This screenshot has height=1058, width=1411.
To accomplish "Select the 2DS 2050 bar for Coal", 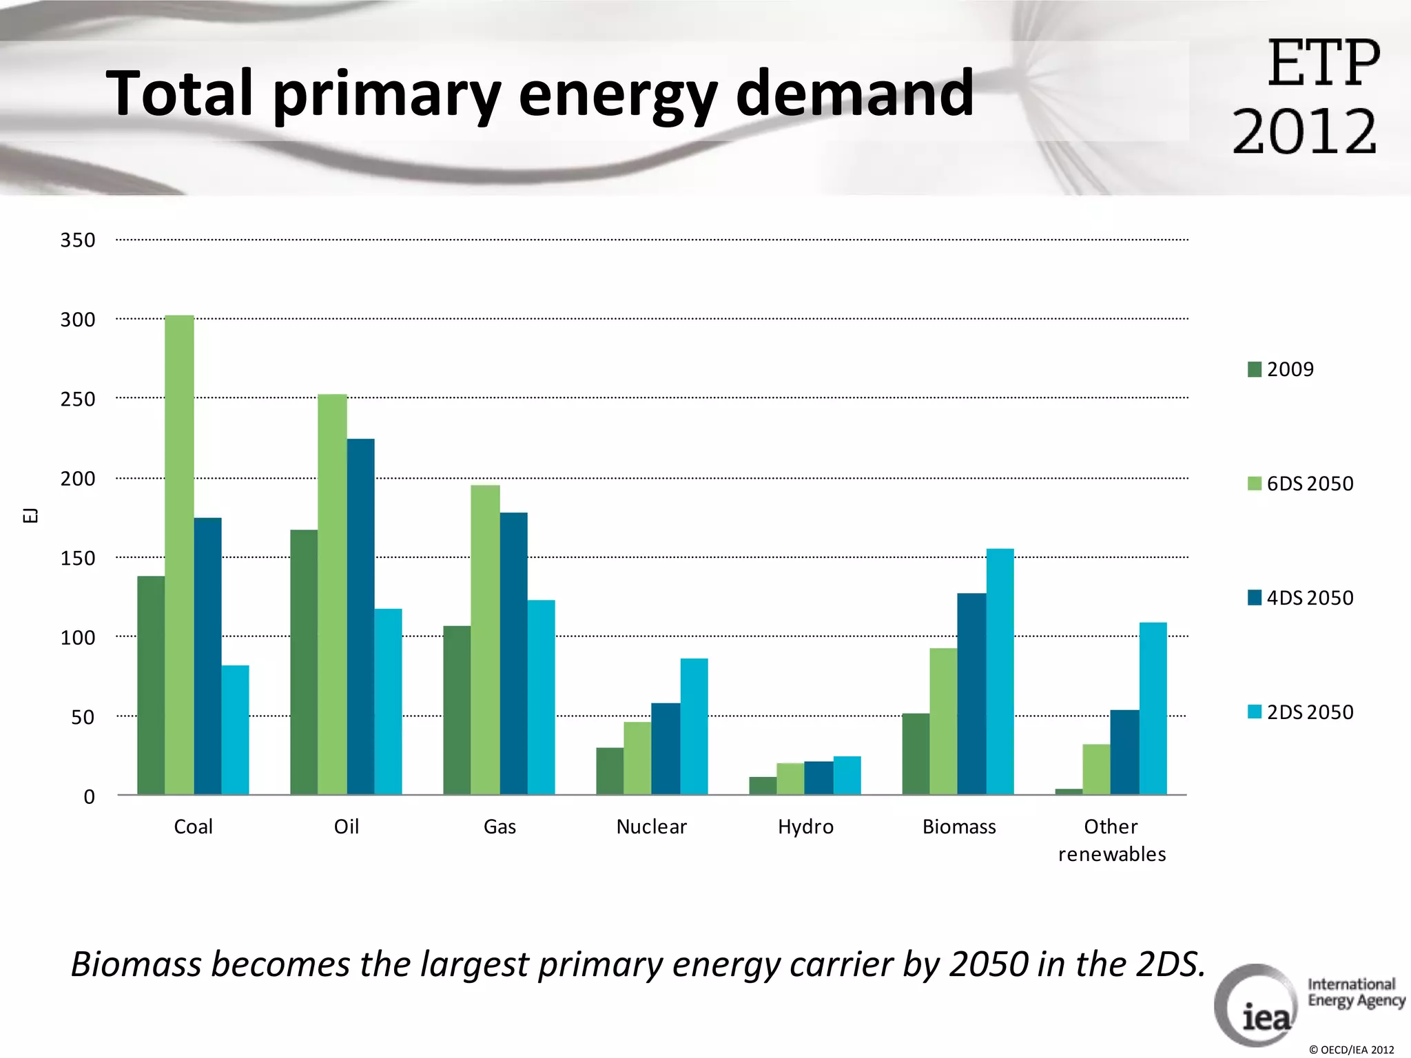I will (235, 730).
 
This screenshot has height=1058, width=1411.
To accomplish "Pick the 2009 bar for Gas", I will (457, 710).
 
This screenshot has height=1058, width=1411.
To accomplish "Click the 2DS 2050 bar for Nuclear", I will (694, 727).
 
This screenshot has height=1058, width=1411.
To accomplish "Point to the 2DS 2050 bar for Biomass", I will (1000, 672).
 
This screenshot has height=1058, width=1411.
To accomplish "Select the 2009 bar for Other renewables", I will (1069, 791).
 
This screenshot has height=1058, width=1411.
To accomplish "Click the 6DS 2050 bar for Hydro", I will (790, 779).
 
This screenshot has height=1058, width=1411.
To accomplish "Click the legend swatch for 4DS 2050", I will (1254, 597).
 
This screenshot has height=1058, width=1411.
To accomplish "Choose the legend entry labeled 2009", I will (1290, 369).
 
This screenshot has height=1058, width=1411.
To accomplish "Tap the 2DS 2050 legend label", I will (1310, 712).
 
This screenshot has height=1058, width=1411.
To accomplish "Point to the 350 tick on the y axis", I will (78, 240).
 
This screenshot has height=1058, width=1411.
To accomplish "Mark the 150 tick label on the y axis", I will (78, 558).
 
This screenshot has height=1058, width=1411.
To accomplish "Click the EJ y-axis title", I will (30, 515).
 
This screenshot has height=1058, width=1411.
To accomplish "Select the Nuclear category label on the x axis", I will (651, 827).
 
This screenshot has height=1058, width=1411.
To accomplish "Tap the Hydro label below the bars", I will (805, 827).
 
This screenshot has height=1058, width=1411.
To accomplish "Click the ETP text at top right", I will (1323, 63).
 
